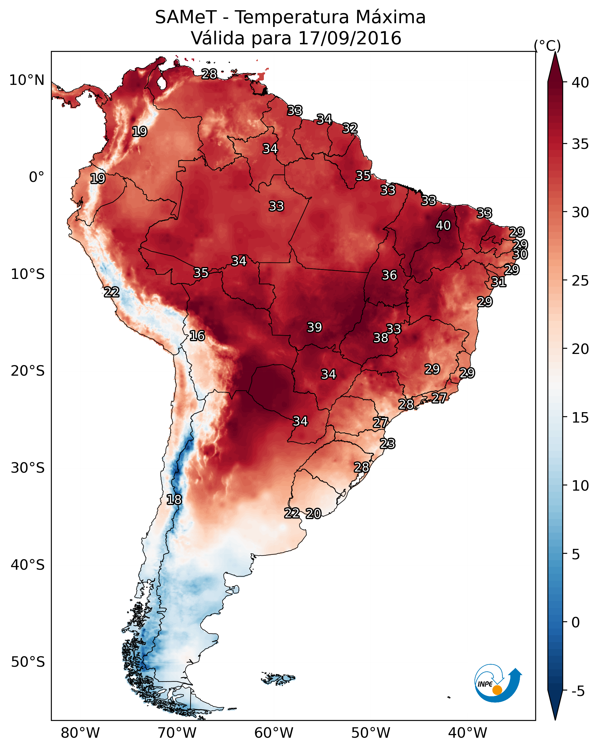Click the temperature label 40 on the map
443,225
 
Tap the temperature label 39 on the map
314,327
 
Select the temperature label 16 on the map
197,336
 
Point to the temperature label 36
389,275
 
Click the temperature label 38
381,338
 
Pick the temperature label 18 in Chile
174,500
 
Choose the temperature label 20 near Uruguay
313,514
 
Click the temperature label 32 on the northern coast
350,128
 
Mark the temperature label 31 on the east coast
499,282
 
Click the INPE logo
497,683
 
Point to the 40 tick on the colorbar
580,83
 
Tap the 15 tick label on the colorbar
580,418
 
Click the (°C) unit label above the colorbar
547,45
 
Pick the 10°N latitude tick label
27,80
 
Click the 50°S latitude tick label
28,662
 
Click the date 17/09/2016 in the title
349,38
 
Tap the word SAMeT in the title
186,17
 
